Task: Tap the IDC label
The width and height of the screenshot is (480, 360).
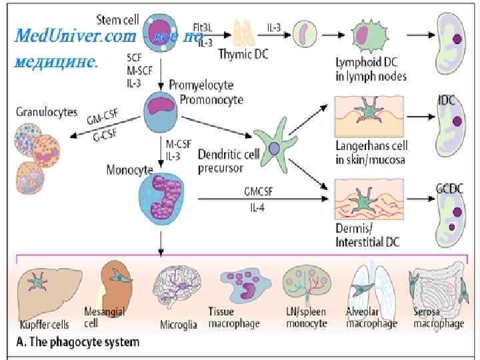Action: point(447,100)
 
